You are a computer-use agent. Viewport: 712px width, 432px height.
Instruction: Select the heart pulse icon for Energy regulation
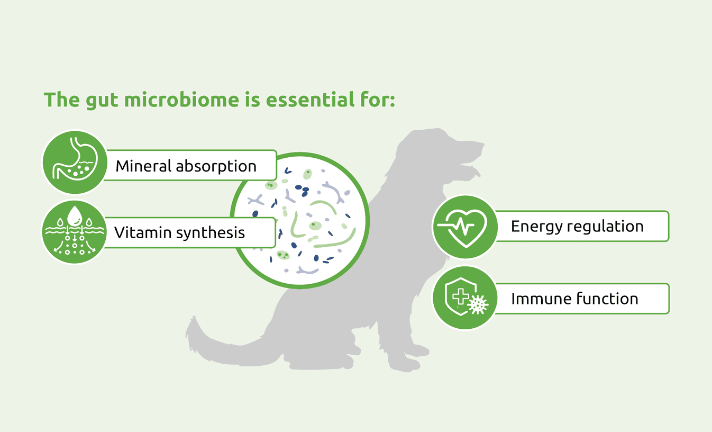465,227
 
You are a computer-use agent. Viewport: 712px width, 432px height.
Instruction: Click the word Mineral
143,166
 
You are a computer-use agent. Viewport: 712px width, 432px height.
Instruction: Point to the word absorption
216,167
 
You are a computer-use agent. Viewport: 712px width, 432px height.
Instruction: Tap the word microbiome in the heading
181,100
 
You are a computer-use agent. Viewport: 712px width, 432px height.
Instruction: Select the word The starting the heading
62,100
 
